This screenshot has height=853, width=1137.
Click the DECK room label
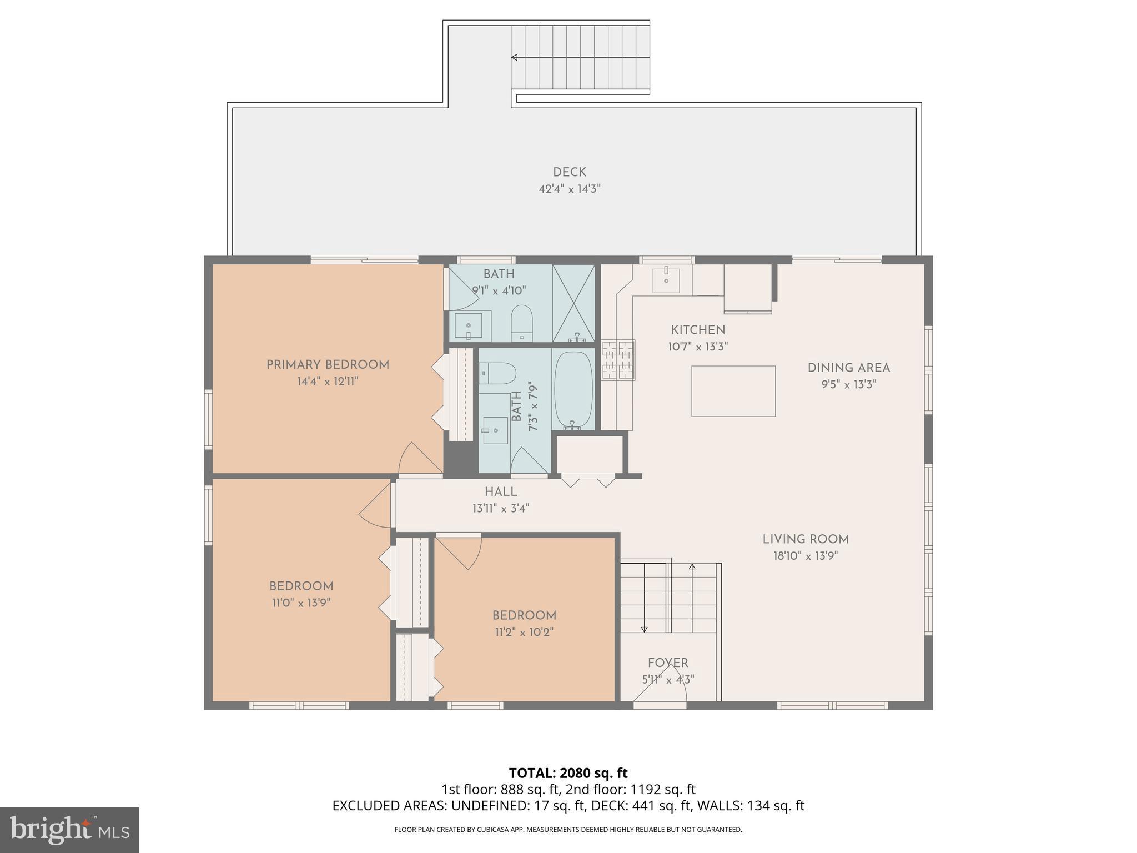click(569, 172)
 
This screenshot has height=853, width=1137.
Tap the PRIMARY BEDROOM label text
click(328, 365)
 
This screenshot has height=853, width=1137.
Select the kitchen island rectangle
click(733, 391)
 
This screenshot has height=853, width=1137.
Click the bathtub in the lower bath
click(573, 389)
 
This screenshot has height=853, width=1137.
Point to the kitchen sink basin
click(666, 279)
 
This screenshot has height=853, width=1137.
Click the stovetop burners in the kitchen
click(618, 359)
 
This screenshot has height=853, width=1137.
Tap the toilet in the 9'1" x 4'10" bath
click(521, 322)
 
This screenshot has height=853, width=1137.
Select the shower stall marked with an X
click(573, 303)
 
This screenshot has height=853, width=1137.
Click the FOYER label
click(668, 663)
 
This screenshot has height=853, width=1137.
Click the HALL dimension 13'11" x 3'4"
click(501, 508)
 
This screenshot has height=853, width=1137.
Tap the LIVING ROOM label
click(806, 539)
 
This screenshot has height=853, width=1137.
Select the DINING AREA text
click(848, 368)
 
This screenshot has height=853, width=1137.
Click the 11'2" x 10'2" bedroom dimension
click(524, 632)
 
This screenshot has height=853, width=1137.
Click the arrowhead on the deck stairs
click(514, 57)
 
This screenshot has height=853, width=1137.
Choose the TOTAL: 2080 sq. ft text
click(568, 773)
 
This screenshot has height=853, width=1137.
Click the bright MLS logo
click(69, 830)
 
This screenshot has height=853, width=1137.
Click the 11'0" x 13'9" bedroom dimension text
click(301, 603)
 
